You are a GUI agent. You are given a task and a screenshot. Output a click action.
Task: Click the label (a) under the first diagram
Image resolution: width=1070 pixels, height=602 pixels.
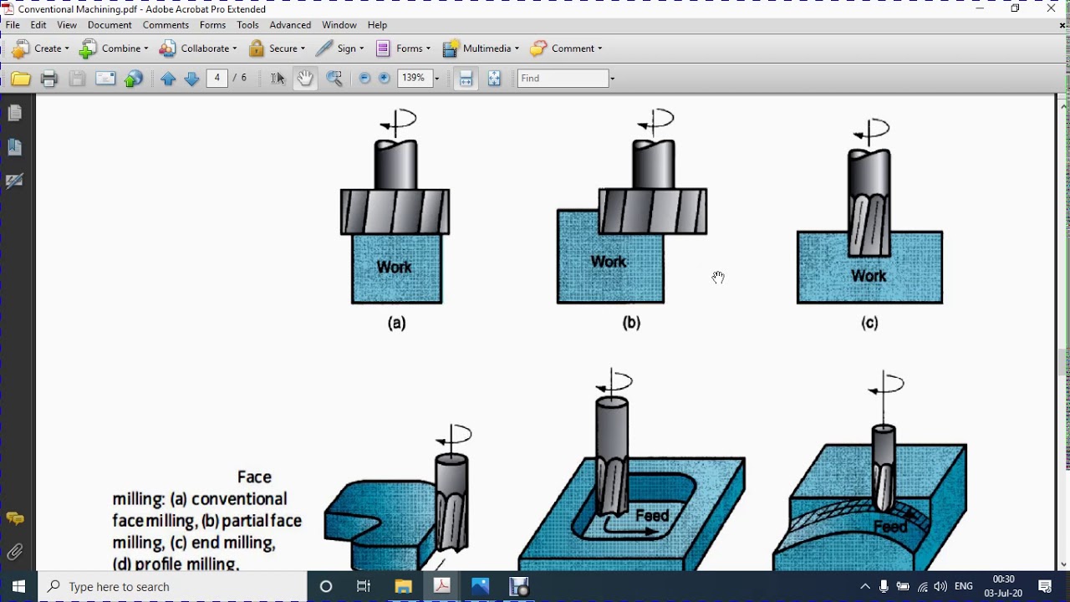396,323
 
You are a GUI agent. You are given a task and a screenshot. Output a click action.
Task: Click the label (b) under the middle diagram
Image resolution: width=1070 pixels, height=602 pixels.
631,323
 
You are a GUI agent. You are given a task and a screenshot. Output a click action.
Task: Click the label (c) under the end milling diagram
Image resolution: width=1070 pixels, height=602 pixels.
869,323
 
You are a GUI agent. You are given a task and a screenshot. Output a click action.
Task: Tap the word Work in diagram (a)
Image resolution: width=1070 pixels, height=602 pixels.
394,268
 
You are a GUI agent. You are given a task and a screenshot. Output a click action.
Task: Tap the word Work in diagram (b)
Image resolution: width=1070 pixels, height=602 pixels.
609,262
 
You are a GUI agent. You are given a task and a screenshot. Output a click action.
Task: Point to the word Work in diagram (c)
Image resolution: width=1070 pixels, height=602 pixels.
869,276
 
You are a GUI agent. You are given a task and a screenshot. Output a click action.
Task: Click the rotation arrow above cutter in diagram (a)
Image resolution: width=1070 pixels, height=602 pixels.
399,122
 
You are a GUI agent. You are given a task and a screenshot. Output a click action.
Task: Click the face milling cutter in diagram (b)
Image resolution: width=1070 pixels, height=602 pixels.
653,211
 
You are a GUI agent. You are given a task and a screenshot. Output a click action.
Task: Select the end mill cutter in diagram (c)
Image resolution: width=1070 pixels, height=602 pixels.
869,205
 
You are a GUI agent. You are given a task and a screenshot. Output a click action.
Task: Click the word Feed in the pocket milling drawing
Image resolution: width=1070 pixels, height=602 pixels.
652,516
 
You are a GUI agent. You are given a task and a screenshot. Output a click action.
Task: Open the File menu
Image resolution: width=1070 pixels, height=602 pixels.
13,25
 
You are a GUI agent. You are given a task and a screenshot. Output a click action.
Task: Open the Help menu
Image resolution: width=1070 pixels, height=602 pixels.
377,25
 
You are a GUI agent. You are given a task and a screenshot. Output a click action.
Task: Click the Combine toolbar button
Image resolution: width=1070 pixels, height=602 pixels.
114,48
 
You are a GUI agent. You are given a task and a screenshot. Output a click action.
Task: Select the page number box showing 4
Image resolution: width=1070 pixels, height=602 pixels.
217,78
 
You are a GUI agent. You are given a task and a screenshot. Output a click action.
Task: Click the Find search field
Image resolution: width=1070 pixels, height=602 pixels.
563,78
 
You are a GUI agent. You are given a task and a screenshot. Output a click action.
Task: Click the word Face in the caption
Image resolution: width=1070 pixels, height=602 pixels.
254,477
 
